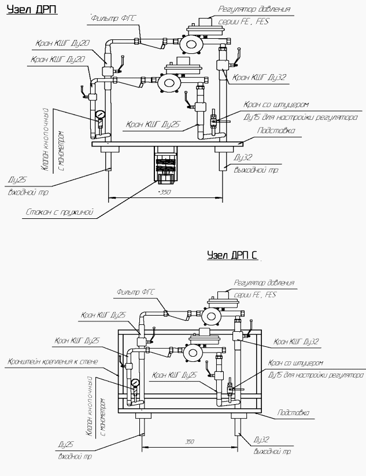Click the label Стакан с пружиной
point(51,213)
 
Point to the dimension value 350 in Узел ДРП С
point(189,442)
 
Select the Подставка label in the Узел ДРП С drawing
point(293,413)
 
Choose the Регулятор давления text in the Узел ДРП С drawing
point(264,283)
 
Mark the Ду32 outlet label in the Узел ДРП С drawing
point(262,441)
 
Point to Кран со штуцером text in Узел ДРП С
point(295,363)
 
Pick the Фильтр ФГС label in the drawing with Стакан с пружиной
point(113,19)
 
